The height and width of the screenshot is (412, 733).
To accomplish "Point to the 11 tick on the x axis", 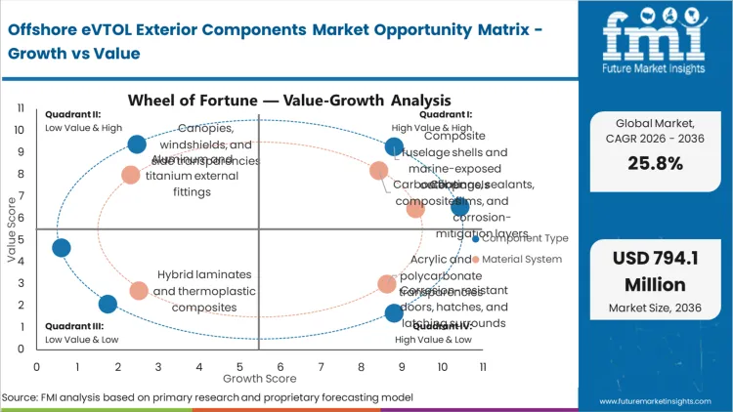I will tap(483, 367).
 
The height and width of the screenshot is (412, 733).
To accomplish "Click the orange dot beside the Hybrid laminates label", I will tap(139, 291).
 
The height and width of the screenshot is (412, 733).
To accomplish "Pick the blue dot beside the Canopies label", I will tap(137, 144).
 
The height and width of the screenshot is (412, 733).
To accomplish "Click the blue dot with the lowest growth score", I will tap(61, 248).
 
